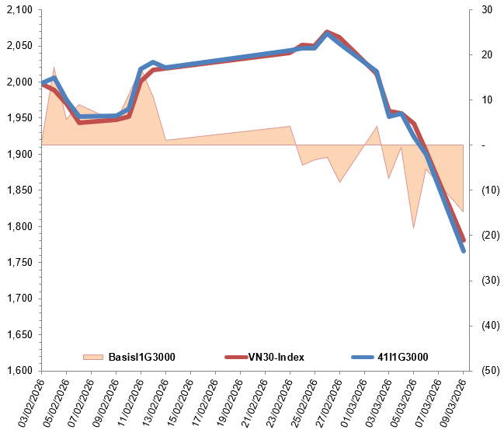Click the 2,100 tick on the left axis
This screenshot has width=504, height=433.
18,10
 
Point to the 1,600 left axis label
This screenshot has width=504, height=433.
18,371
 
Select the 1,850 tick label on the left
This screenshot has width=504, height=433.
18,190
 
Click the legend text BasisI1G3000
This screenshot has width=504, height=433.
140,357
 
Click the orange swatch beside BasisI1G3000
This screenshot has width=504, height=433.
92,357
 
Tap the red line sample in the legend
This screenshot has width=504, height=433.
235,357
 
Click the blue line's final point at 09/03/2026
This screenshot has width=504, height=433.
464,250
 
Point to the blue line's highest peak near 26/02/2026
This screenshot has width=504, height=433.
327,33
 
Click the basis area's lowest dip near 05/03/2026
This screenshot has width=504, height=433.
413,228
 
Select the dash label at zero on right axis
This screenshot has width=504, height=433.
485,145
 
